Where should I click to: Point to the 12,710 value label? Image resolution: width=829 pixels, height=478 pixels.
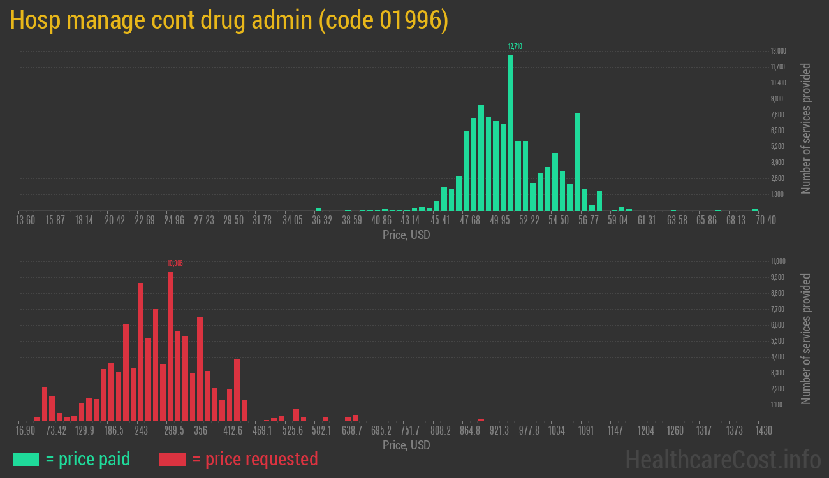click(515, 47)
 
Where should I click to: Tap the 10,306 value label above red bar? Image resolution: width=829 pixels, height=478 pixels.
click(175, 263)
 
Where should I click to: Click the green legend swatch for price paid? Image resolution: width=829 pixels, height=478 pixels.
click(26, 459)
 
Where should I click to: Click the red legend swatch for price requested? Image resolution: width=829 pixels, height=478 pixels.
click(172, 459)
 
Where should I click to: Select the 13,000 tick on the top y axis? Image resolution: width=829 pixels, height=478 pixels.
click(778, 51)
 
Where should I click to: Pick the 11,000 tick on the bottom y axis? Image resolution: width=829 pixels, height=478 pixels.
click(778, 261)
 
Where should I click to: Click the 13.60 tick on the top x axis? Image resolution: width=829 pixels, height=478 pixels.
click(26, 221)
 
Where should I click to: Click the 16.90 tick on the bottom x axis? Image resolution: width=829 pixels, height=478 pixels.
click(26, 431)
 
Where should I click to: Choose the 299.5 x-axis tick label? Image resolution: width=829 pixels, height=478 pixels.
click(173, 431)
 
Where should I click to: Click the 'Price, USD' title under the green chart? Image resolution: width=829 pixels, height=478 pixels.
click(406, 235)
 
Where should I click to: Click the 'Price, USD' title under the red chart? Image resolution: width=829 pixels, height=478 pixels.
click(406, 445)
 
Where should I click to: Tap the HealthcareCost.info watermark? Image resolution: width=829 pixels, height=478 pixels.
click(723, 458)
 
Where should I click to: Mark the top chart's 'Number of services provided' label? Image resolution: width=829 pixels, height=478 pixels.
click(806, 128)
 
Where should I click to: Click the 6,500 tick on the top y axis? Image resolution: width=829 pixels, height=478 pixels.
click(778, 131)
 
